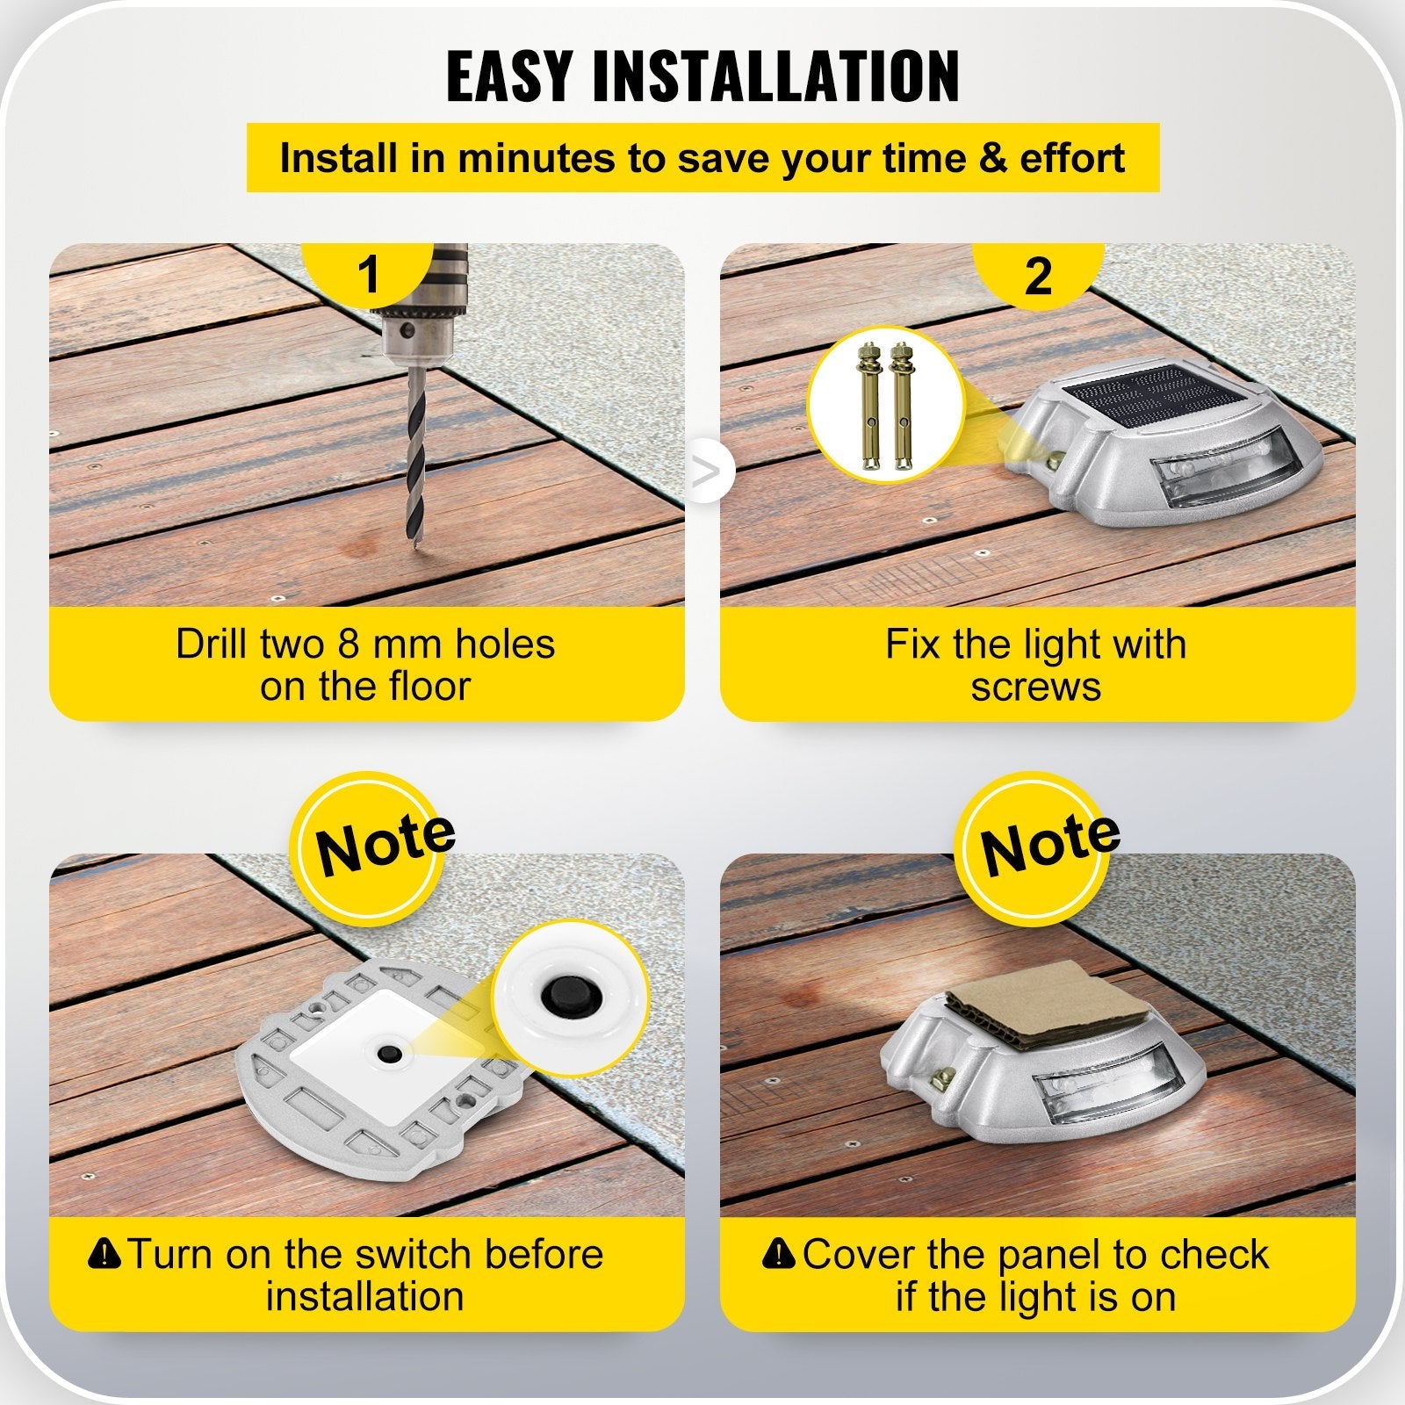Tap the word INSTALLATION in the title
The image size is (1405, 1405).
(776, 76)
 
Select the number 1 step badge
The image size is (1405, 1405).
(369, 274)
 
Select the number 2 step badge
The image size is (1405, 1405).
(1038, 276)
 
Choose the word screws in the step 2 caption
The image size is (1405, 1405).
(1035, 687)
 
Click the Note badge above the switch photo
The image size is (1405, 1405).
(383, 846)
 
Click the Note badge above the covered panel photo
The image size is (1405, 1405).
(1048, 846)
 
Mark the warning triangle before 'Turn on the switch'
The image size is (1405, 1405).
(105, 1252)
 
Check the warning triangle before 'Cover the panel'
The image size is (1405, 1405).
(779, 1252)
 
